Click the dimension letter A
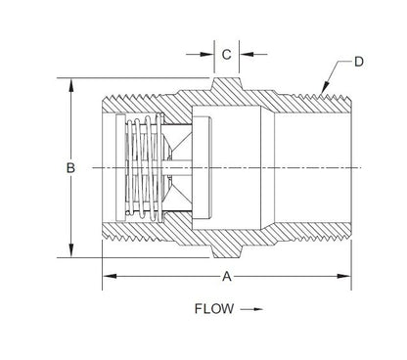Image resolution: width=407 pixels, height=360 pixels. [x=227, y=277]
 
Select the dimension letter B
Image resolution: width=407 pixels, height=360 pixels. [x=70, y=168]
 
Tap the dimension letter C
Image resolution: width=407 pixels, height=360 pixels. [x=227, y=56]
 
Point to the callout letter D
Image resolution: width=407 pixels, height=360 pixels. [x=358, y=62]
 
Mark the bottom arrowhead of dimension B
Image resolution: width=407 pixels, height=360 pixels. [x=70, y=252]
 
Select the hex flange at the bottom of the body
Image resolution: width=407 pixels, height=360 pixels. [x=227, y=249]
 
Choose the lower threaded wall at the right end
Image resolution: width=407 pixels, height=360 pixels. [x=313, y=236]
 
